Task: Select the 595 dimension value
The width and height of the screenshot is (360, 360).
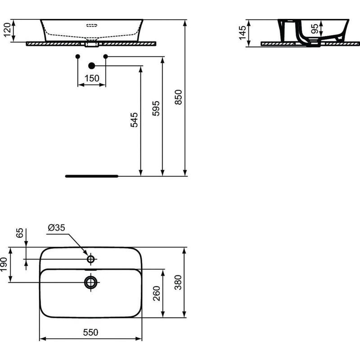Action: pyautogui.click(x=156, y=109)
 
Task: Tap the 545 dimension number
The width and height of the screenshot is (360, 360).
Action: pyautogui.click(x=134, y=120)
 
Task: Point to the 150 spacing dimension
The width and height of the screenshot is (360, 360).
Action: pyautogui.click(x=91, y=78)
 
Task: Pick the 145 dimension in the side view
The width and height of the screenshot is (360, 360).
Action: pyautogui.click(x=243, y=32)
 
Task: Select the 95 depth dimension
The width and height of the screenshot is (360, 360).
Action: pyautogui.click(x=315, y=29)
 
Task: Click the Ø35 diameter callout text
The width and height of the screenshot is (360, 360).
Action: pyautogui.click(x=56, y=228)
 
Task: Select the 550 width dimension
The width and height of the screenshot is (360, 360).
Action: pyautogui.click(x=91, y=333)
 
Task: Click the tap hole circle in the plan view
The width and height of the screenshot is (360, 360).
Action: pyautogui.click(x=91, y=259)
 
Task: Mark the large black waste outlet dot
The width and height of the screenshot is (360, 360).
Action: pyautogui.click(x=92, y=66)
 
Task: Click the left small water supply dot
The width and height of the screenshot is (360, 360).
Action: pyautogui.click(x=78, y=56)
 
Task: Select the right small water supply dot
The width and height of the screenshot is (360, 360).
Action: pyautogui.click(x=106, y=56)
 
